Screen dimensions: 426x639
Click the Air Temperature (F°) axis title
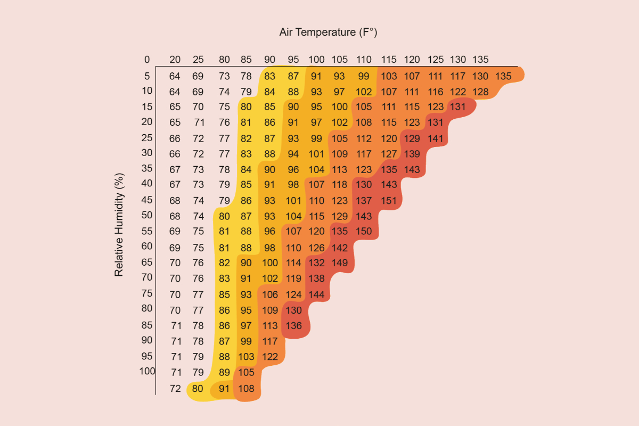[328, 32]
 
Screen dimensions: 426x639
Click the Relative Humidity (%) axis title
[119, 224]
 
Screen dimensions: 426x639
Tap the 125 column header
[436, 59]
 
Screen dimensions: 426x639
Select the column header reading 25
[198, 59]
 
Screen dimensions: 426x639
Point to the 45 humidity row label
[147, 200]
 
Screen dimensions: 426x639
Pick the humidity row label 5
[147, 76]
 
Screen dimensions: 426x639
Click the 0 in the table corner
[147, 59]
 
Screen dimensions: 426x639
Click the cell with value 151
[389, 201]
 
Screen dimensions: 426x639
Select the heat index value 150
[364, 232]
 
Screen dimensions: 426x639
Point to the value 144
[316, 294]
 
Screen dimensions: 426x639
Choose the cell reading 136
[294, 325]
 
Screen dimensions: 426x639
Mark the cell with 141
[436, 138]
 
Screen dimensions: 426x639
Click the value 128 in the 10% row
[480, 92]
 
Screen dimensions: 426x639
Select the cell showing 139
[412, 154]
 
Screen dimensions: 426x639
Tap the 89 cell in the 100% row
[224, 373]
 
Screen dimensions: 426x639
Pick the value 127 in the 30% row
[389, 154]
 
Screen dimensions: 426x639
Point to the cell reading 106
[270, 294]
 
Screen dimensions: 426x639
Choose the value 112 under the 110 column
[364, 138]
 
